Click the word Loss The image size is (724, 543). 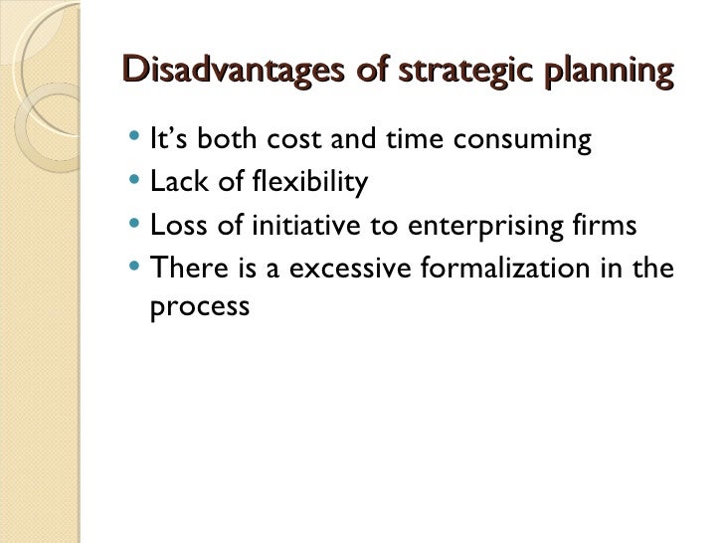click(x=177, y=226)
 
